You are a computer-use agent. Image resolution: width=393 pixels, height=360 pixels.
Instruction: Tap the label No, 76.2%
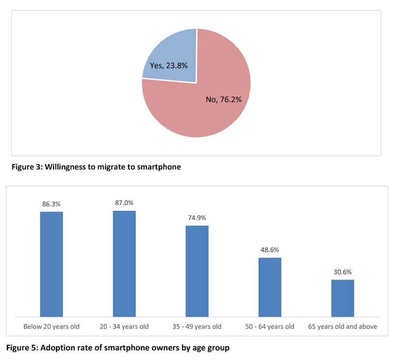pyautogui.click(x=224, y=100)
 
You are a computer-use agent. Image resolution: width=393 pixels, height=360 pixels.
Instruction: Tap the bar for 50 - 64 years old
pyautogui.click(x=270, y=287)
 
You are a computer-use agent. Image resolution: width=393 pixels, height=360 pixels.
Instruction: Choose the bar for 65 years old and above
pyautogui.click(x=342, y=298)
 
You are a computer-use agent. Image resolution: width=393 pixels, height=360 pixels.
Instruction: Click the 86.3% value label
pyautogui.click(x=52, y=203)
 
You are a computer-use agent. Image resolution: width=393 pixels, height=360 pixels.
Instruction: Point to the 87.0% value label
pyautogui.click(x=124, y=202)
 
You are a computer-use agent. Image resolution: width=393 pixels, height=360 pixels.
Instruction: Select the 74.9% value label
pyautogui.click(x=197, y=217)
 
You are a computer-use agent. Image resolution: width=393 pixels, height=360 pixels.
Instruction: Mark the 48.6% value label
pyautogui.click(x=270, y=249)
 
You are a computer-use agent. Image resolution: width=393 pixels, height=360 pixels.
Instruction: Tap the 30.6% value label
pyautogui.click(x=342, y=271)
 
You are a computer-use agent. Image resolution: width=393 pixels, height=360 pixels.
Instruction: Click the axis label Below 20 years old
pyautogui.click(x=52, y=327)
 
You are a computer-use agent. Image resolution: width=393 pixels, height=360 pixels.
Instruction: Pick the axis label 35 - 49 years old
pyautogui.click(x=197, y=327)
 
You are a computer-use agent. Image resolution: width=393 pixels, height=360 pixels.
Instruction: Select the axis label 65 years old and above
pyautogui.click(x=342, y=327)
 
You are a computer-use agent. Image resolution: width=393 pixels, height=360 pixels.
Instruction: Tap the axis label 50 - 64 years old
pyautogui.click(x=270, y=327)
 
